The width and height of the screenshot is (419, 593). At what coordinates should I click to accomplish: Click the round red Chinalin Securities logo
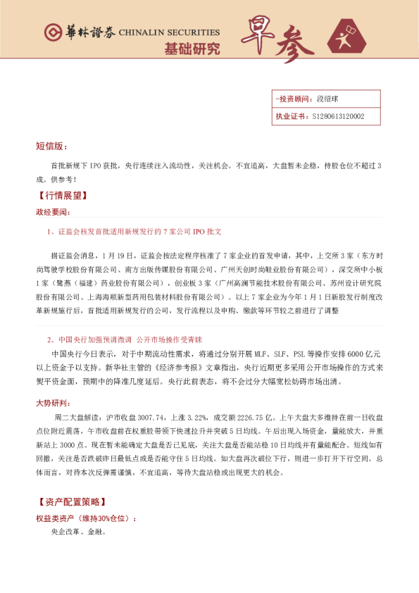click(x=52, y=32)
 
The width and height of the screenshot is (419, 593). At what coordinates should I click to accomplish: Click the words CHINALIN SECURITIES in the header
click(x=169, y=33)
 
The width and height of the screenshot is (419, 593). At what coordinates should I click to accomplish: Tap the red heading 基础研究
click(x=192, y=49)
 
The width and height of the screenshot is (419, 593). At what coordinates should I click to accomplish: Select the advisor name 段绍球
click(x=327, y=99)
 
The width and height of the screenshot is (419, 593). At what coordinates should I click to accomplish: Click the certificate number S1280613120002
click(x=337, y=117)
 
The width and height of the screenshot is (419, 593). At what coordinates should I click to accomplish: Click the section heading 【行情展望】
click(x=60, y=196)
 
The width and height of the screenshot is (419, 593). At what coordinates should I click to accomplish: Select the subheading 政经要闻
click(x=53, y=212)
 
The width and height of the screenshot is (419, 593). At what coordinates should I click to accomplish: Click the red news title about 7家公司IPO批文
click(x=135, y=232)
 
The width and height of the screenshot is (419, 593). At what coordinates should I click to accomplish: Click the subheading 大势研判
click(x=53, y=403)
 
